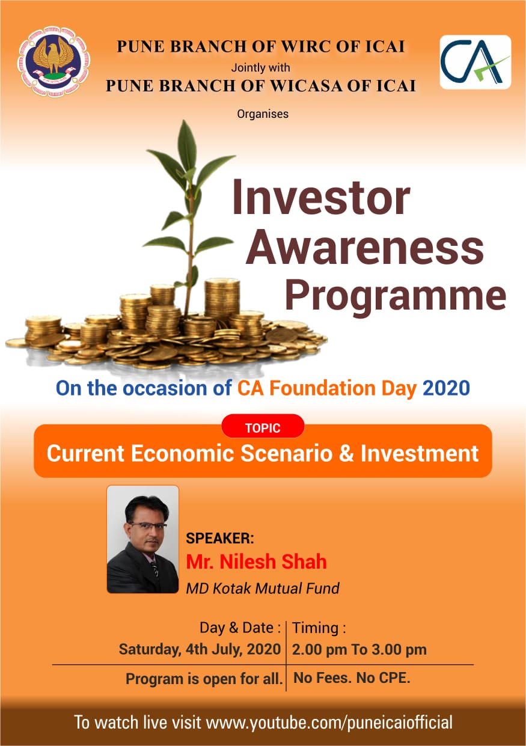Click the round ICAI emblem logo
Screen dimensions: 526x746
pyautogui.click(x=54, y=61)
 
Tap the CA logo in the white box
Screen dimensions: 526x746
pyautogui.click(x=476, y=62)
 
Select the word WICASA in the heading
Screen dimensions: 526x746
pyautogui.click(x=307, y=86)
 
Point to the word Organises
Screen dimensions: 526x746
pyautogui.click(x=263, y=114)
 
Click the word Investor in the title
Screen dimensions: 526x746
pyautogui.click(x=321, y=197)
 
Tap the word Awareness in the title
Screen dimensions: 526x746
pyautogui.click(x=365, y=248)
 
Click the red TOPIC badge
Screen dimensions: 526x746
pyautogui.click(x=263, y=428)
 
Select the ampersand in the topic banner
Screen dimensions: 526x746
pyautogui.click(x=346, y=454)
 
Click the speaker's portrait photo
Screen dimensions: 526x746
pyautogui.click(x=142, y=539)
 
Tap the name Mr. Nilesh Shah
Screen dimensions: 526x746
pyautogui.click(x=256, y=561)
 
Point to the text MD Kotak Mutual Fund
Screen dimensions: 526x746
pyautogui.click(x=263, y=588)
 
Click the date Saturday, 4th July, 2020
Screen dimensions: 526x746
pyautogui.click(x=200, y=649)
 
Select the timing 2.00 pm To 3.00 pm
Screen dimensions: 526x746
pyautogui.click(x=359, y=649)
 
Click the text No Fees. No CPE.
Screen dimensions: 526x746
pyautogui.click(x=352, y=677)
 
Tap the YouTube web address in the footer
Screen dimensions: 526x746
pyautogui.click(x=329, y=722)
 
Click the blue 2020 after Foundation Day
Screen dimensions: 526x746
pyautogui.click(x=446, y=388)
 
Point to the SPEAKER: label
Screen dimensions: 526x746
pyautogui.click(x=220, y=538)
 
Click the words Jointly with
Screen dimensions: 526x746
pyautogui.click(x=260, y=67)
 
